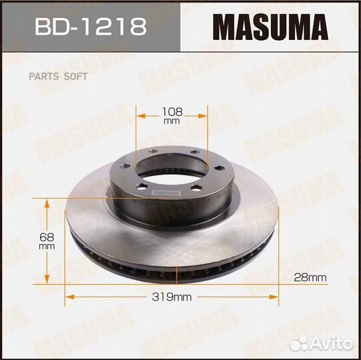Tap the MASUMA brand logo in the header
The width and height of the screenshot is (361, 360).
click(270, 27)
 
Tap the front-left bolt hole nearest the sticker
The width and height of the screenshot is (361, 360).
click(142, 187)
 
